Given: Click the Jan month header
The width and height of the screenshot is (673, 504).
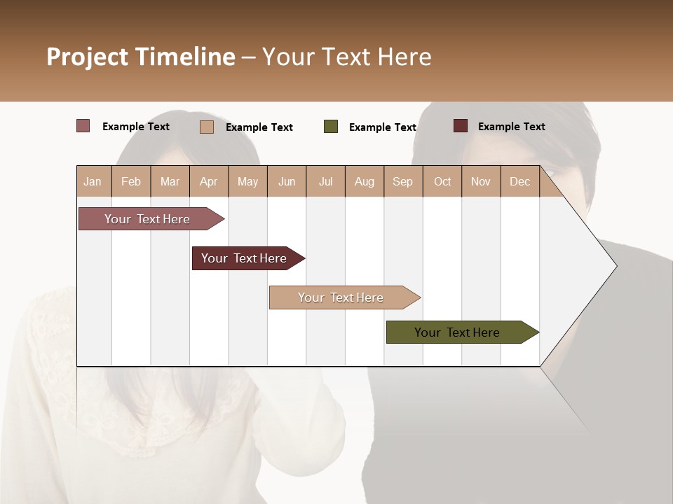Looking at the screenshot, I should coord(93,181).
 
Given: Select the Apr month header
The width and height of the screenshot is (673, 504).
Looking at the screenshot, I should coord(208,181).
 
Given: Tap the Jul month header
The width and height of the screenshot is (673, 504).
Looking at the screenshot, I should coord(325,181).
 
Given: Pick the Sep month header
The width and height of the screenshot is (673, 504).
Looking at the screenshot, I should coord(402,181).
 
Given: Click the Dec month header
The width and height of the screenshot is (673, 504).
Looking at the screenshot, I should coord(519,181).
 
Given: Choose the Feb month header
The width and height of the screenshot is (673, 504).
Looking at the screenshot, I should coord(131,181).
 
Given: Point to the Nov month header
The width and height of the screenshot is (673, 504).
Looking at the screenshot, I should coord(480,181).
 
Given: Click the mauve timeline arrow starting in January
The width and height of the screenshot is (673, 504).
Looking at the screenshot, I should coord(147,219).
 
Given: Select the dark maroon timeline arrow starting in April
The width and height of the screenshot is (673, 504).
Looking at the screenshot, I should coord(244,258).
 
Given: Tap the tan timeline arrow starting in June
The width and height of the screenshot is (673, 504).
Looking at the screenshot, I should coord(341,297).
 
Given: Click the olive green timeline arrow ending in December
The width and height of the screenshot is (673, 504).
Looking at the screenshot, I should coord(457,332).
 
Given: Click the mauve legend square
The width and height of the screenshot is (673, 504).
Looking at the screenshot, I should coord(83,126).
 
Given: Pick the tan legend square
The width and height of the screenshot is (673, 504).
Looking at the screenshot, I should coord(207,127).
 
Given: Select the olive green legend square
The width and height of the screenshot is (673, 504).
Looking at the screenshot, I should coord(331,127).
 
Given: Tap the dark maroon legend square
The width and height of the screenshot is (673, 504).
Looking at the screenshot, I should coord(460,126).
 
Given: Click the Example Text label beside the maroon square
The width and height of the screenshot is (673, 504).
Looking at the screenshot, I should coord(511,126).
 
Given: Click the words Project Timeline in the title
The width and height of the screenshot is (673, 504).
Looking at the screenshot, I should coord(140,57).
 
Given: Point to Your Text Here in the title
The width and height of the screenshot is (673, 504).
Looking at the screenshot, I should coord(346,57).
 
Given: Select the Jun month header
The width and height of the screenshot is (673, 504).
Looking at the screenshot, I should coord(287,181).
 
